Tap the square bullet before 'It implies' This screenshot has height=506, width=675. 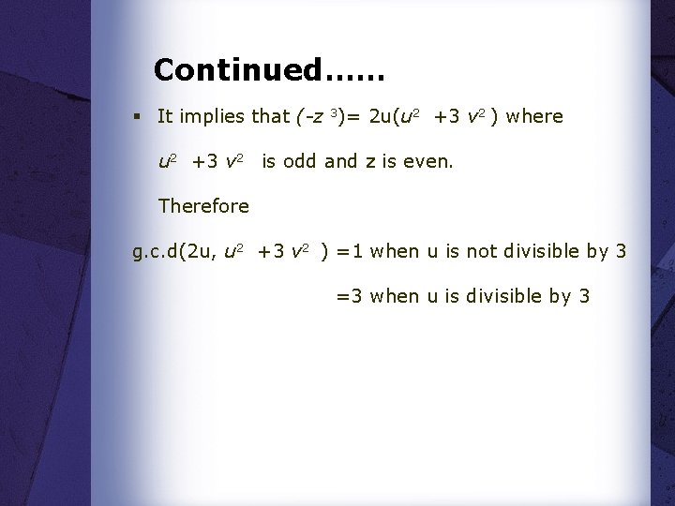[137, 116]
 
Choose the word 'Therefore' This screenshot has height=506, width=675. [203, 205]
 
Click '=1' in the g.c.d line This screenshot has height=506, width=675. [349, 251]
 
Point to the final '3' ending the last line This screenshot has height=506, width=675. [585, 296]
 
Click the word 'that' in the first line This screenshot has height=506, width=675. [271, 116]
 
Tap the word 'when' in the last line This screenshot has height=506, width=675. [394, 296]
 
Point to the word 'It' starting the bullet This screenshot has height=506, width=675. [165, 116]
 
